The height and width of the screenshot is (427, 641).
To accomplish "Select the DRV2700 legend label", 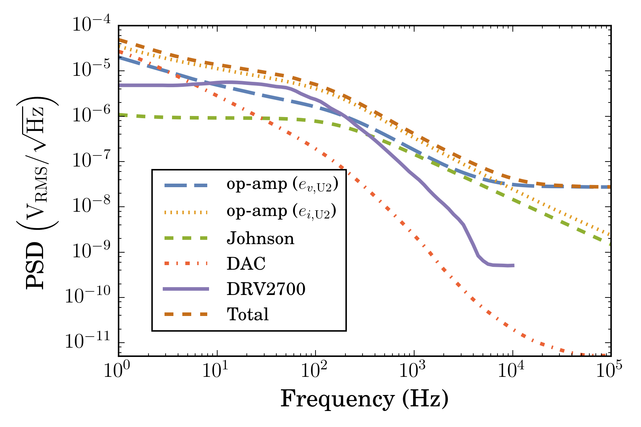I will point(266,289).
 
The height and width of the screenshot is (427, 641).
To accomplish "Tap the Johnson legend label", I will point(260,238).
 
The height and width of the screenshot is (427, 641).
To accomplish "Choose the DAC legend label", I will point(246,264).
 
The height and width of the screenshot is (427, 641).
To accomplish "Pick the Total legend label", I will point(248,315).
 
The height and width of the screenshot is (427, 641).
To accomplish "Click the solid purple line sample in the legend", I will point(186,289).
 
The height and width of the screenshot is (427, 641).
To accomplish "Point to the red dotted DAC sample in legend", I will point(186,264).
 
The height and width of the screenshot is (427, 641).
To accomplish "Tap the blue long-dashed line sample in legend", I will point(186,185).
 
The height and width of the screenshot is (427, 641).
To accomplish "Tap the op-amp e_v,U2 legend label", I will point(282,185).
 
